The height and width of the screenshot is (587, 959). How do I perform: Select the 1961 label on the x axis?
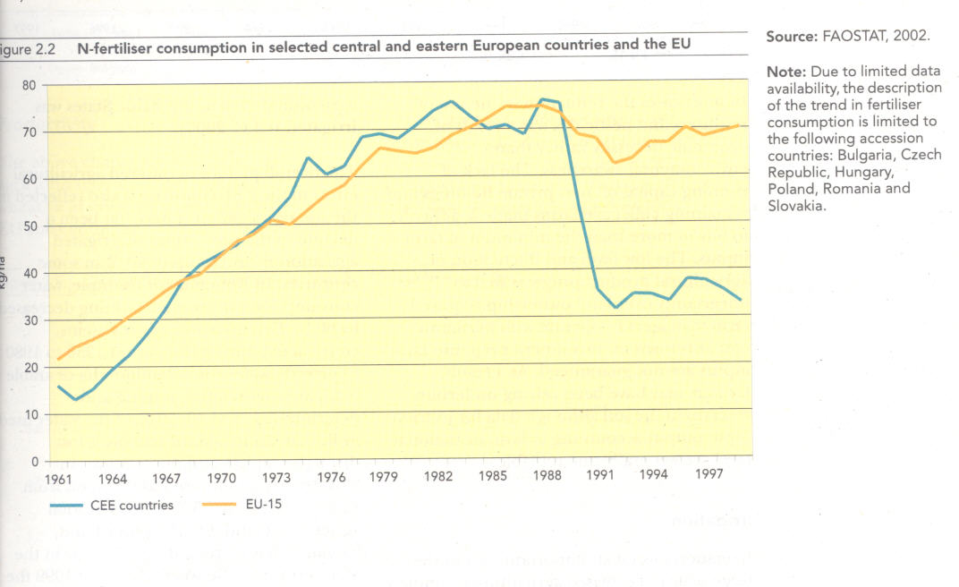[58, 478]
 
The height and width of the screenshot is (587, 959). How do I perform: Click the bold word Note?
[785, 71]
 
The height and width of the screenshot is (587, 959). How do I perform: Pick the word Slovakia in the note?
[795, 205]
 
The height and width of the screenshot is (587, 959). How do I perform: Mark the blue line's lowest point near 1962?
[75, 399]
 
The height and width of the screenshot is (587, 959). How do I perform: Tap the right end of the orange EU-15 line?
[739, 124]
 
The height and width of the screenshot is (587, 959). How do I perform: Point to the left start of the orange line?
[58, 360]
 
